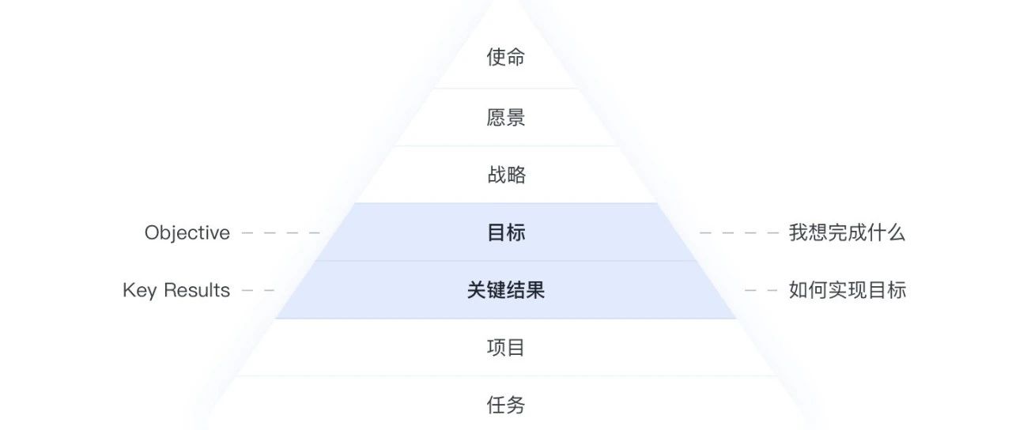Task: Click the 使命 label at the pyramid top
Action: pos(506,58)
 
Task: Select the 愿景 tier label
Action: pos(506,118)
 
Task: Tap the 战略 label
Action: pos(506,175)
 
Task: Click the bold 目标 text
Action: pos(506,232)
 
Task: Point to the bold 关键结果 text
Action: pos(506,290)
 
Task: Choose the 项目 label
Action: pos(506,348)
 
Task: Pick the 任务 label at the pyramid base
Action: pos(506,405)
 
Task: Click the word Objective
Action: pos(187,232)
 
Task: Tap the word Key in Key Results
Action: pos(139,291)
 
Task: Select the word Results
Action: pos(197,290)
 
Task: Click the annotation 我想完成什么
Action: pos(847,232)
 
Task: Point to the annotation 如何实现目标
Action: pos(848,290)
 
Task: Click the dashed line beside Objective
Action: pos(281,233)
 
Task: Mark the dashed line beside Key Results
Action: pos(258,291)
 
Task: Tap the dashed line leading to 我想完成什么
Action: pos(739,233)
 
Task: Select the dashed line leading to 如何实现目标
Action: pos(761,291)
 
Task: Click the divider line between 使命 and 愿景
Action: pos(506,88)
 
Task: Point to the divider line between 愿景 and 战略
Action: pos(506,146)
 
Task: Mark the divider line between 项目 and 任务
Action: pos(506,376)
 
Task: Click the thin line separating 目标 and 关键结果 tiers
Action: pos(506,261)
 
